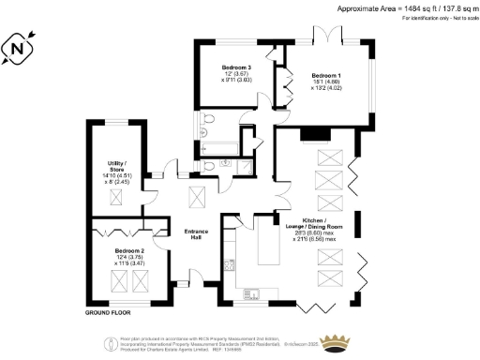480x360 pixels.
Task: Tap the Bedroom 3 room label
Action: pyautogui.click(x=236, y=68)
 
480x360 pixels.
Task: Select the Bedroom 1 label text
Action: pyautogui.click(x=326, y=74)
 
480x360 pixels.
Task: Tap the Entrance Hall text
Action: pyautogui.click(x=196, y=234)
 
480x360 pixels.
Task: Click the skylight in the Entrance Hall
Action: pyautogui.click(x=199, y=197)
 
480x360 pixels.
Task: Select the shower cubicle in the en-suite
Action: pyautogui.click(x=245, y=165)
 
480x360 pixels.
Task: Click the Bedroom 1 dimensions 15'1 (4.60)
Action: pyautogui.click(x=326, y=82)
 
